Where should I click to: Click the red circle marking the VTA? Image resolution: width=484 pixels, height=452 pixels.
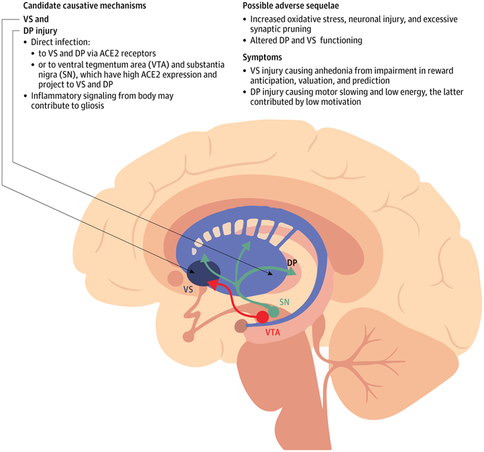(262, 317)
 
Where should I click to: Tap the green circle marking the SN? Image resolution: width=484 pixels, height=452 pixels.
(274, 312)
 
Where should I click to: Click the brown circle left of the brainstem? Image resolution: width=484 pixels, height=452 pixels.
(240, 327)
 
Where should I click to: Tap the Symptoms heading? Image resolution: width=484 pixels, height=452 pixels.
(263, 57)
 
